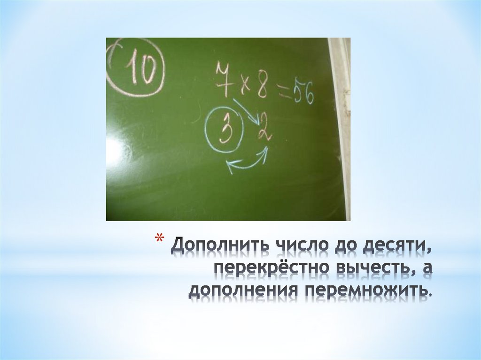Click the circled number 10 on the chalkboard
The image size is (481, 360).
(137, 72)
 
